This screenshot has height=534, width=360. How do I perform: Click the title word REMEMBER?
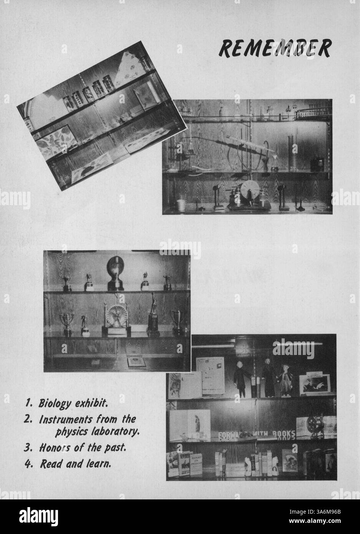tap(275, 48)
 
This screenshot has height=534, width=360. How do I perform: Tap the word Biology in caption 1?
tap(54, 403)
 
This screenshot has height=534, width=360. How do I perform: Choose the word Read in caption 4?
tap(51, 464)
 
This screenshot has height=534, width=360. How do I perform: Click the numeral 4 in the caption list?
tap(28, 464)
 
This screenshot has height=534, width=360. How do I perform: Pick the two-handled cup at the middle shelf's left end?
tap(66, 322)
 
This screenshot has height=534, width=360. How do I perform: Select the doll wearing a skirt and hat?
tap(285, 380)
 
